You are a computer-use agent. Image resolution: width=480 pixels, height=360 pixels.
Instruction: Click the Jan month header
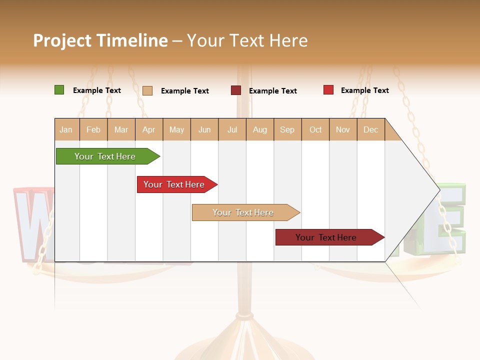coord(66,129)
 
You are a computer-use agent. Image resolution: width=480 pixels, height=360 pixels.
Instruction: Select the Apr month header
coord(148,129)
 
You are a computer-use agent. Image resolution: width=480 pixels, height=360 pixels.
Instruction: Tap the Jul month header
coord(232,129)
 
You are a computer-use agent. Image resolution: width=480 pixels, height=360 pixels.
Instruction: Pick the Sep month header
coord(287,129)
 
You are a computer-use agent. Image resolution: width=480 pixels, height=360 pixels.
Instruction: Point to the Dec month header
coord(370,129)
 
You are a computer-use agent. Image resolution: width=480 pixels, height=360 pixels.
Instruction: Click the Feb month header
coord(93,129)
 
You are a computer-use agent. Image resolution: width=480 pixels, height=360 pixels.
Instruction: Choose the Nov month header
coord(342,129)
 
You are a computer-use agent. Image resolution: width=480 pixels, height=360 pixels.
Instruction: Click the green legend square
coord(59,90)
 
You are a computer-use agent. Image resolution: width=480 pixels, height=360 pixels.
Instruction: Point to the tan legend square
coord(147,90)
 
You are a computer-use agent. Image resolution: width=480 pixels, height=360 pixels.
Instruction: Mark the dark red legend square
coord(235,90)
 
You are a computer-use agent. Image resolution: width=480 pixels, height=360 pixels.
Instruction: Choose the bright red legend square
coord(328,90)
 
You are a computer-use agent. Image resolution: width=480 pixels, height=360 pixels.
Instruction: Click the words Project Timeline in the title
coord(100,40)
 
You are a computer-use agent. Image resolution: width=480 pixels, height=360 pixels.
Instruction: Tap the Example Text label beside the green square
coord(96,90)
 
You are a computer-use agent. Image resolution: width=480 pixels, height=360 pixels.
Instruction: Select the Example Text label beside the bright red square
coord(364,90)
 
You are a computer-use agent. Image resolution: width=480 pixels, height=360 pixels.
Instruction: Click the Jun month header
coord(204,129)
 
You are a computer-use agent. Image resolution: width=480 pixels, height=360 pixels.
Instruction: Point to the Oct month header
coord(315,129)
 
